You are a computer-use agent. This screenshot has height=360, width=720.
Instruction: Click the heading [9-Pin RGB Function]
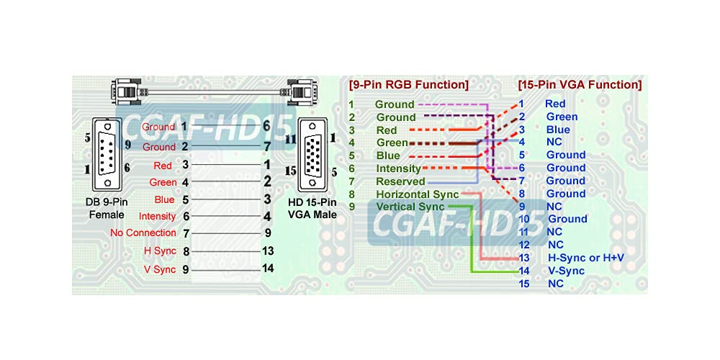coord(408,85)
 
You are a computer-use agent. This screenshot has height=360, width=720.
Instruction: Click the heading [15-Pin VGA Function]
coord(580,85)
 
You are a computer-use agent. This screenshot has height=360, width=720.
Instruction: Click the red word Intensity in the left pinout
coord(158,216)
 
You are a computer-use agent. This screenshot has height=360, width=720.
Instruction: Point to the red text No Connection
coord(143,233)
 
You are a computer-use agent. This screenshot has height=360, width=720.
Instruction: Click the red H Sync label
coord(160,251)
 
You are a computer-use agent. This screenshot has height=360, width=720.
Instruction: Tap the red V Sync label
coord(160,269)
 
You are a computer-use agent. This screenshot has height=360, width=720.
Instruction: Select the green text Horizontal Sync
coord(417,194)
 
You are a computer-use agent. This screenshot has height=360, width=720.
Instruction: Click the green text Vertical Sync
coord(410,207)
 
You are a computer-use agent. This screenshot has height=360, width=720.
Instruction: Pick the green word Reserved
coord(400,181)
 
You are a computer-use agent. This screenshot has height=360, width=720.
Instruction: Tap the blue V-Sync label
coord(567,271)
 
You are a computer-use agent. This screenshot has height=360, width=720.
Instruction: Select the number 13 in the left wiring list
coord(267,251)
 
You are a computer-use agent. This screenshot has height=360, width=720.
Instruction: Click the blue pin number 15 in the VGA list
coord(524,284)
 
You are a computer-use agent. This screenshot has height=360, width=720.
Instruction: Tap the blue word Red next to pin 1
coord(555,104)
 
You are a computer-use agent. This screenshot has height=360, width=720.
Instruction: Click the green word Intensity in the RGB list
coord(399,168)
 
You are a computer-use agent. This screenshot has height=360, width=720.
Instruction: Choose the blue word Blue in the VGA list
coord(558,130)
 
